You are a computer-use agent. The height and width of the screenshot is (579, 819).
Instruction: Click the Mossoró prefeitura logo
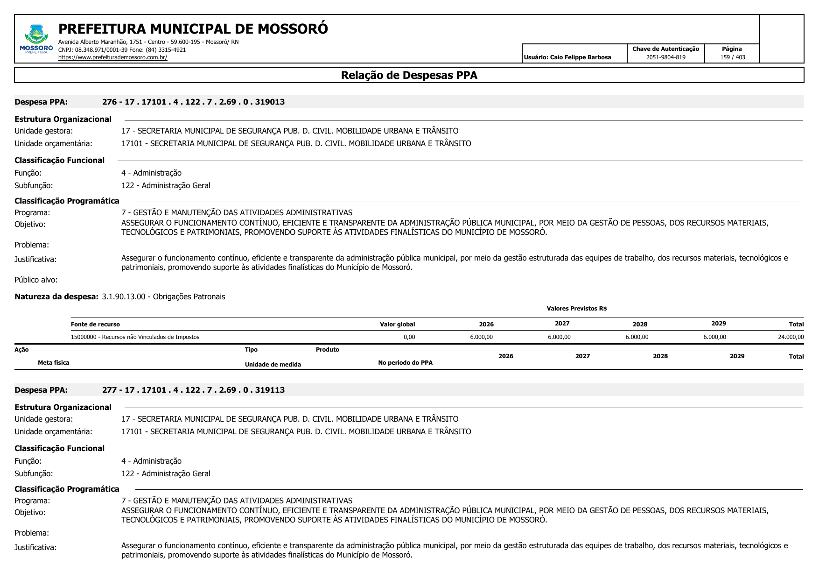pyautogui.click(x=36, y=39)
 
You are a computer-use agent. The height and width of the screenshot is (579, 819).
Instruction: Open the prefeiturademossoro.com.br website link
pyautogui.click(x=112, y=57)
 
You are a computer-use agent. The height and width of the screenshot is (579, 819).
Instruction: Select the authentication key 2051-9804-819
pyautogui.click(x=665, y=57)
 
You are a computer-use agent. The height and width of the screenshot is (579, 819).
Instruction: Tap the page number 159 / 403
pyautogui.click(x=732, y=57)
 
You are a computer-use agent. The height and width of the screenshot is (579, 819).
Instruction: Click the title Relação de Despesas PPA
pyautogui.click(x=409, y=75)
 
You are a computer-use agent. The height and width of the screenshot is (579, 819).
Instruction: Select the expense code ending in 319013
pyautogui.click(x=193, y=102)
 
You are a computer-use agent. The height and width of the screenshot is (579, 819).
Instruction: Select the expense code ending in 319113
pyautogui.click(x=193, y=390)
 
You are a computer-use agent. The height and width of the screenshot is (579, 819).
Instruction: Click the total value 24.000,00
pyautogui.click(x=791, y=337)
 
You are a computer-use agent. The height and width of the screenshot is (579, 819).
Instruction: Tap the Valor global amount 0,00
pyautogui.click(x=409, y=337)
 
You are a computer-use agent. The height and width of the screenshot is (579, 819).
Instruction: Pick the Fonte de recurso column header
pyautogui.click(x=95, y=325)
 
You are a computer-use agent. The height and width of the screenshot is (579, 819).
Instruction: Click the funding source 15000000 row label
pyautogui.click(x=135, y=337)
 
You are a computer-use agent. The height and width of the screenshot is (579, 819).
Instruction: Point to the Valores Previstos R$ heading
pyautogui.click(x=576, y=309)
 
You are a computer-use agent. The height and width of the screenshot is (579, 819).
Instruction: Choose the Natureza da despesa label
pyautogui.click(x=56, y=297)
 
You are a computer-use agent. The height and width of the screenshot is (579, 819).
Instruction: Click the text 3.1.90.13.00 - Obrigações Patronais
pyautogui.click(x=163, y=297)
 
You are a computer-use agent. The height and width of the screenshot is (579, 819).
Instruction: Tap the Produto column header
pyautogui.click(x=327, y=350)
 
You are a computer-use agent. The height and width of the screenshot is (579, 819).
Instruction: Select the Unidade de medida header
pyautogui.click(x=273, y=365)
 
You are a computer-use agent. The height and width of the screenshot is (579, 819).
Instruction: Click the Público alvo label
pyautogui.click(x=36, y=280)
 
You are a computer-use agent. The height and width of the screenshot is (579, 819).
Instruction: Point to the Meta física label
pyautogui.click(x=53, y=363)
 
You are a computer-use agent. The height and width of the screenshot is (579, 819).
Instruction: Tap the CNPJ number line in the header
pyautogui.click(x=122, y=49)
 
